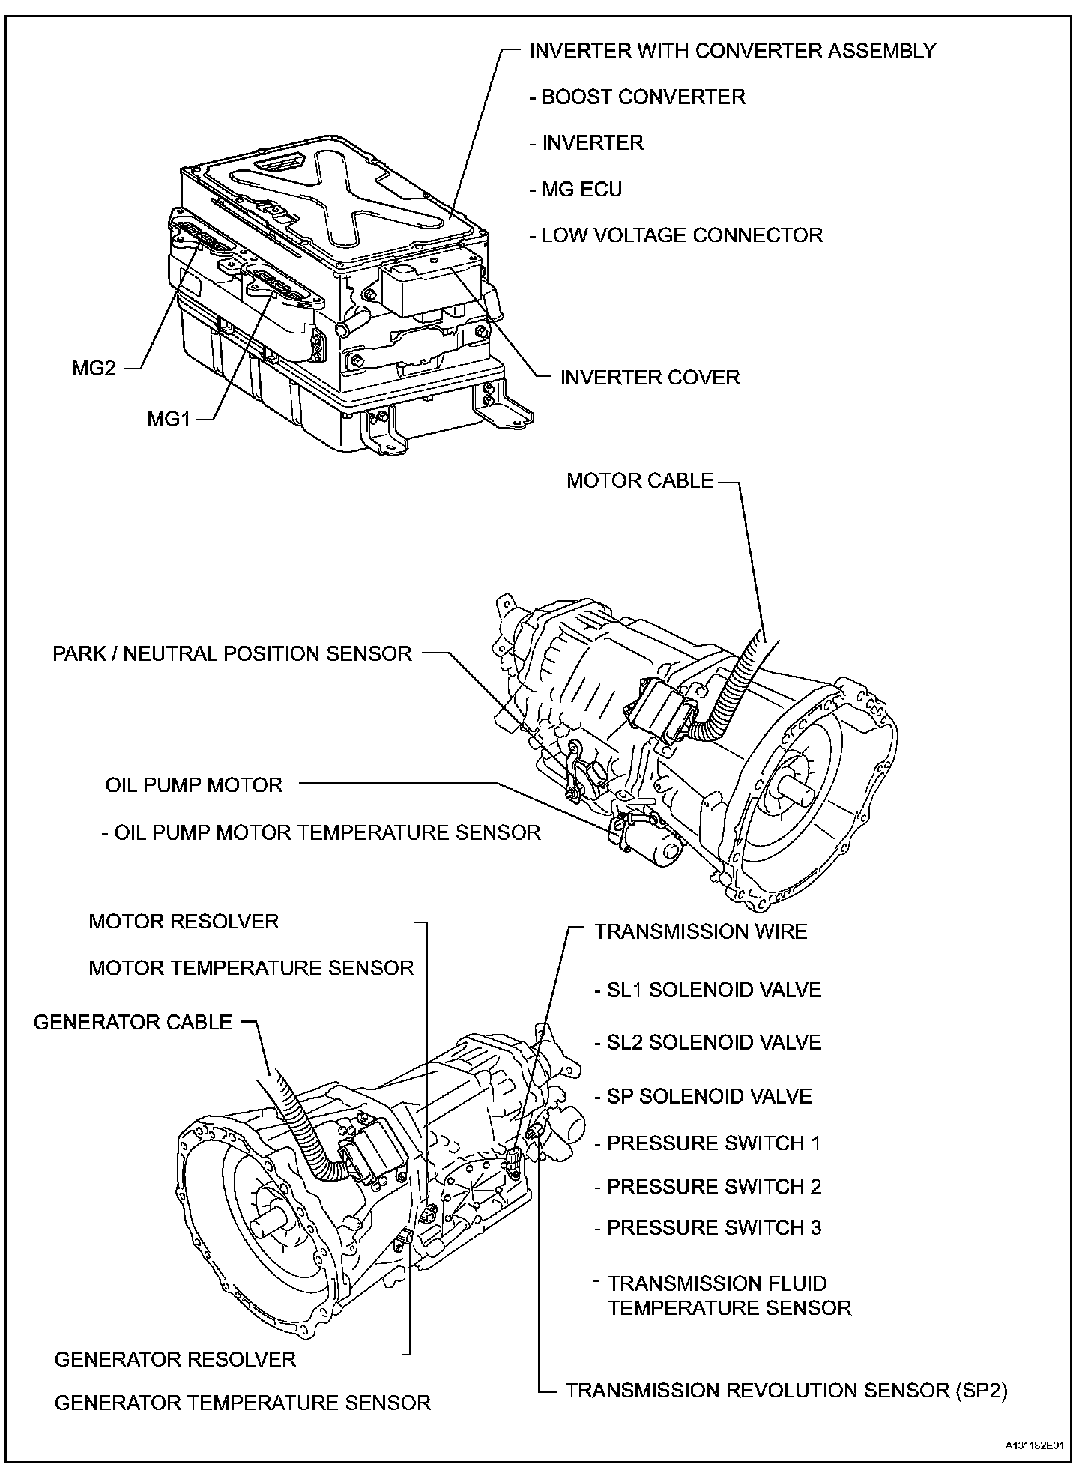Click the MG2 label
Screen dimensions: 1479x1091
(94, 369)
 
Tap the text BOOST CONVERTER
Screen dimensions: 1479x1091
(643, 97)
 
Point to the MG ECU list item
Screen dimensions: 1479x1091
(581, 190)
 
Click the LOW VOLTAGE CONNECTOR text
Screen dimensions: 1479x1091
(681, 235)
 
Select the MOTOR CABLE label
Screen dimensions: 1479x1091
(640, 480)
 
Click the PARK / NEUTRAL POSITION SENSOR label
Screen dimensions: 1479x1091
(232, 653)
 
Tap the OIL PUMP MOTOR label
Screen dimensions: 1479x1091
(194, 785)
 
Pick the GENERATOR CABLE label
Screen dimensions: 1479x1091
(133, 1023)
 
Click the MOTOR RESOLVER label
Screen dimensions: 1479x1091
(184, 922)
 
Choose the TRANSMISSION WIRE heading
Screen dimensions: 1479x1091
(701, 932)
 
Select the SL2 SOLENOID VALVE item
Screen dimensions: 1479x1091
(713, 1043)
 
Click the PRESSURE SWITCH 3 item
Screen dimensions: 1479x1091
(713, 1228)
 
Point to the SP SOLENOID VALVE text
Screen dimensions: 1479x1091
(709, 1097)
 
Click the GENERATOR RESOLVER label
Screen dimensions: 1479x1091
(175, 1359)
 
